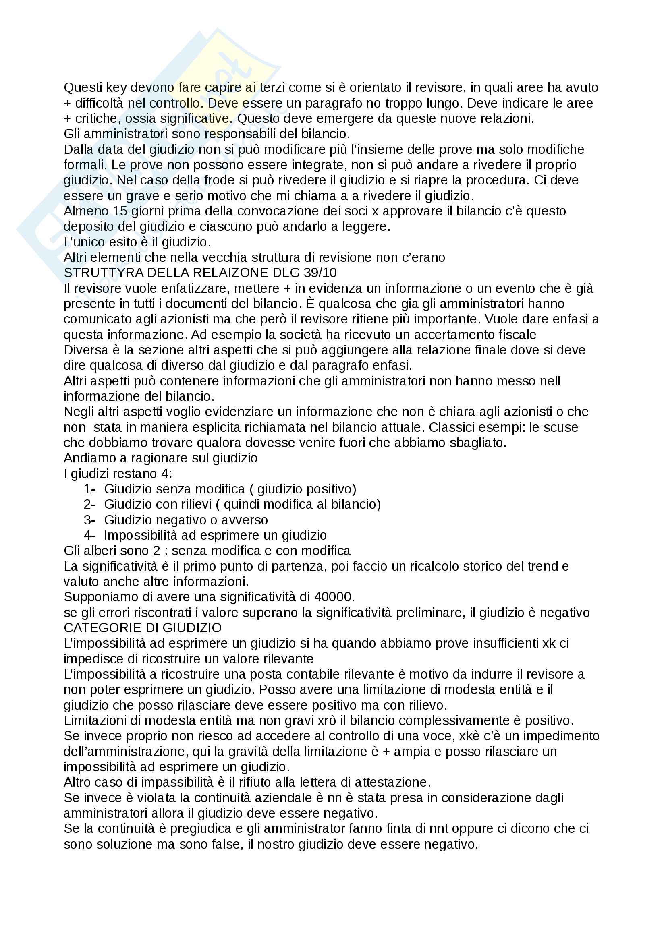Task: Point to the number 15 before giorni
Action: tap(120, 211)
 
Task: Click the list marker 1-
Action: tap(89, 489)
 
